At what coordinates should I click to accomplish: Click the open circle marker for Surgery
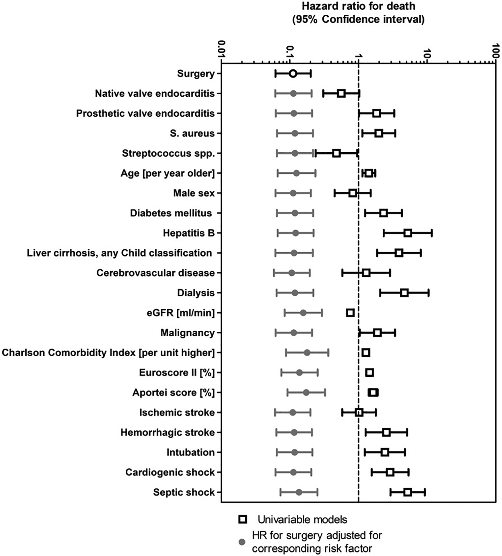point(293,73)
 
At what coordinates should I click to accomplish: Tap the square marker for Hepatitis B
point(408,233)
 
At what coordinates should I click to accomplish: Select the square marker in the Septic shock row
point(407,492)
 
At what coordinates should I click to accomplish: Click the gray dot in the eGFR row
point(303,313)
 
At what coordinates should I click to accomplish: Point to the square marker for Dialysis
point(404,293)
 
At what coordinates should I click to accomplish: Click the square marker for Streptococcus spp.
point(336,153)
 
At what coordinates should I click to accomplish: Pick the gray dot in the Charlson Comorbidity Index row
point(307,353)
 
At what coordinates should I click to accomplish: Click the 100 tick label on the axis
point(496,50)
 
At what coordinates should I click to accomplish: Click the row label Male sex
point(194,193)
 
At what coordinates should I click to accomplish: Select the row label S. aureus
point(192,133)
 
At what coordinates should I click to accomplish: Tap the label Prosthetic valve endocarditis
point(145,113)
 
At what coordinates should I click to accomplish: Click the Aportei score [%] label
point(173,392)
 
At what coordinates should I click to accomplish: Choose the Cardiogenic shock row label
point(170,472)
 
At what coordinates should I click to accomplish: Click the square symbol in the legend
point(243,519)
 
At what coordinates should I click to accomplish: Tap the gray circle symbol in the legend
point(242,542)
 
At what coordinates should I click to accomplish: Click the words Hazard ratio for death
point(358,6)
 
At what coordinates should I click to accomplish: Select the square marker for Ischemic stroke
point(359,413)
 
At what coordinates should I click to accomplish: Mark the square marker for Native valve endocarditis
point(341,94)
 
